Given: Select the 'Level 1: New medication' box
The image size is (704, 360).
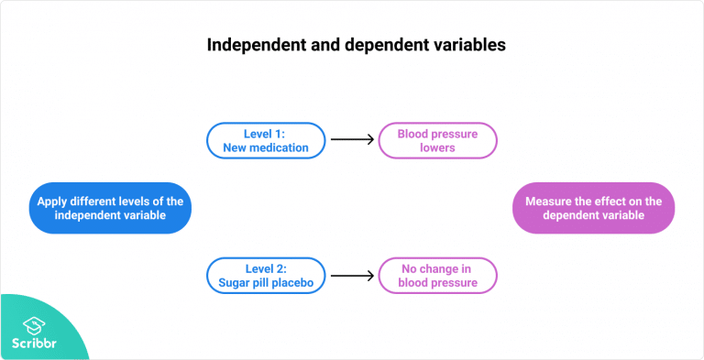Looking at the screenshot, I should point(265,140).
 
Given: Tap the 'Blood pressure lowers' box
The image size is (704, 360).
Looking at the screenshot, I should point(438,140).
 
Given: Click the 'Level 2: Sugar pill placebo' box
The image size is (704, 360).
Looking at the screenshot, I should point(265,276).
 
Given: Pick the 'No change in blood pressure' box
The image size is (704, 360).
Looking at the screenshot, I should point(438,276).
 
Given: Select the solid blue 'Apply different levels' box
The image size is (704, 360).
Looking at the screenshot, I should point(109,208).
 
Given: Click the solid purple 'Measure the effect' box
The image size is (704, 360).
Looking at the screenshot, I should point(593,208).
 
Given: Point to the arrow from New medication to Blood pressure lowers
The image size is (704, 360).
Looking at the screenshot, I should point(353,140).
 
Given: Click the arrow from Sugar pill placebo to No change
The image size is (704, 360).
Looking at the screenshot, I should point(353,276).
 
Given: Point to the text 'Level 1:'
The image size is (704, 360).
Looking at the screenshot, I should point(265,133).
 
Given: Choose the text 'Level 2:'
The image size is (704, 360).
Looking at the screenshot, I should point(265,268).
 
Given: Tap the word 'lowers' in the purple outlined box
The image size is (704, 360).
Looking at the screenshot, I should point(438,147).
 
